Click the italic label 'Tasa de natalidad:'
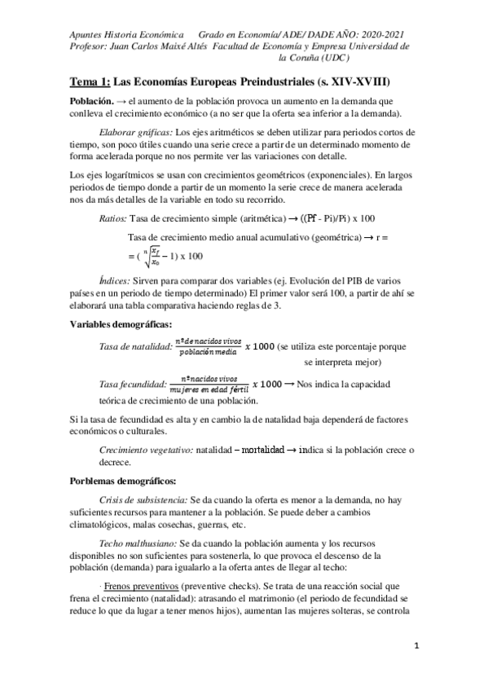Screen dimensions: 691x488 (134, 346)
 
